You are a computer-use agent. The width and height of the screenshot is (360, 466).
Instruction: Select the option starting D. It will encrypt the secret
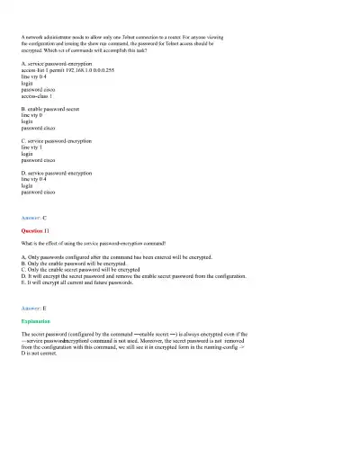[x=126, y=275]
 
